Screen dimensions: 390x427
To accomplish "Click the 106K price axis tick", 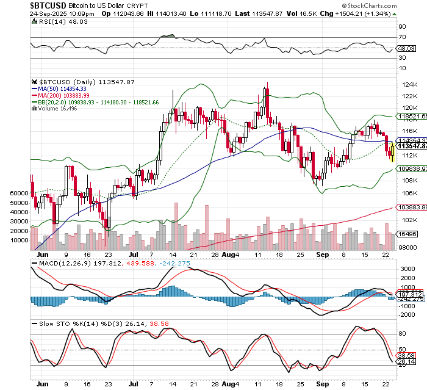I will (x=406, y=193).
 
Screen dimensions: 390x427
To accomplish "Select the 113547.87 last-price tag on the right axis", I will (x=411, y=146).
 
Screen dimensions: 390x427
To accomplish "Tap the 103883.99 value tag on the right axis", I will (x=411, y=208).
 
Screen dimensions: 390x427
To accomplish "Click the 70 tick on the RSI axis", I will (x=403, y=38).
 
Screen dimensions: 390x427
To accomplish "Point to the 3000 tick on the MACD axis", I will (x=407, y=268).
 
